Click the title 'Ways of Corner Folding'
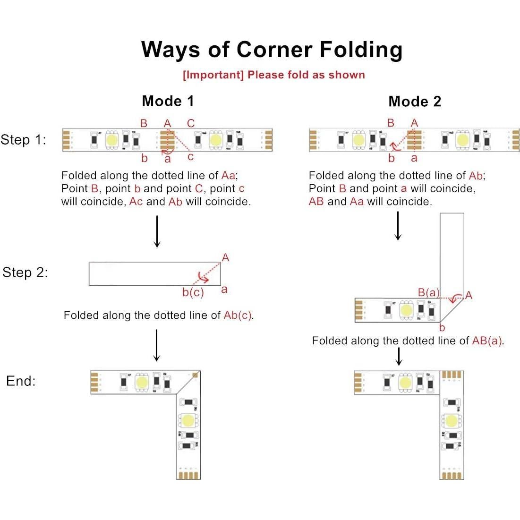tap(272, 50)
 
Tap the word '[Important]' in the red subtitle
tap(213, 75)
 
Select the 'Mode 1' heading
tap(168, 101)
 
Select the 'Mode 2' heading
tap(414, 102)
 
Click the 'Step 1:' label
tap(24, 140)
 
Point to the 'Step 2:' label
tap(25, 273)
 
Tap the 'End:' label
tap(21, 381)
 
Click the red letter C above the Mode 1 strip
tap(191, 123)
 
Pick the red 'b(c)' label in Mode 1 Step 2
tap(193, 293)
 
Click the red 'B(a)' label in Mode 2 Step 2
tap(428, 293)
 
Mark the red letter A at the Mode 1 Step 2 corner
tap(225, 257)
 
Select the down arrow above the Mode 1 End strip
tap(156, 345)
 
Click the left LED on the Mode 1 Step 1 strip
tap(112, 140)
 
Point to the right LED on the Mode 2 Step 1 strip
tap(462, 139)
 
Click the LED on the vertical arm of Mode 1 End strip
tap(188, 420)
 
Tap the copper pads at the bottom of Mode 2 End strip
tap(452, 475)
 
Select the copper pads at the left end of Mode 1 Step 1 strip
tap(67, 140)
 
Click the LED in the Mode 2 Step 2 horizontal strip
tap(406, 310)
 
